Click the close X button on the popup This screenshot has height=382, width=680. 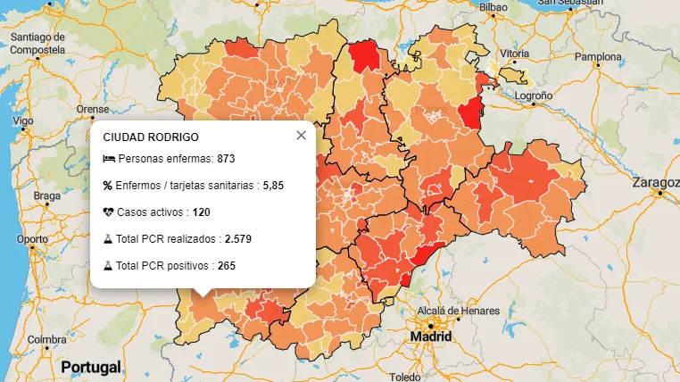click(x=301, y=135)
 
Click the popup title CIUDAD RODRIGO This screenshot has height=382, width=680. click(x=151, y=137)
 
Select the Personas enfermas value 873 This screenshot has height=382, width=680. click(x=226, y=159)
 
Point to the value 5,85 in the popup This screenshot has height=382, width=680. click(x=273, y=186)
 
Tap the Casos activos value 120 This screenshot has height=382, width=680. click(x=202, y=212)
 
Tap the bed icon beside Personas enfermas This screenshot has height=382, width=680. click(x=108, y=159)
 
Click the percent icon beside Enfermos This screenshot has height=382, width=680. click(x=108, y=186)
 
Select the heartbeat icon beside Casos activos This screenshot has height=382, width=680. click(x=108, y=212)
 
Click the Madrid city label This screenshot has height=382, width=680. click(x=430, y=337)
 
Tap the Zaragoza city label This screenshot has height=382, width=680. click(x=655, y=182)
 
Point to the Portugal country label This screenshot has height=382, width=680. click(x=90, y=367)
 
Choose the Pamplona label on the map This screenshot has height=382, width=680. click(x=597, y=57)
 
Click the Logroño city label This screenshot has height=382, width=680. click(x=534, y=95)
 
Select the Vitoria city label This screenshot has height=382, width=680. click(x=515, y=53)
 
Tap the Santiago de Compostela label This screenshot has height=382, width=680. click(x=37, y=44)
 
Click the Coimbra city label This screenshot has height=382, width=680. click(x=46, y=340)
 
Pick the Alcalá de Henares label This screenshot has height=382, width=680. click(x=453, y=311)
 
